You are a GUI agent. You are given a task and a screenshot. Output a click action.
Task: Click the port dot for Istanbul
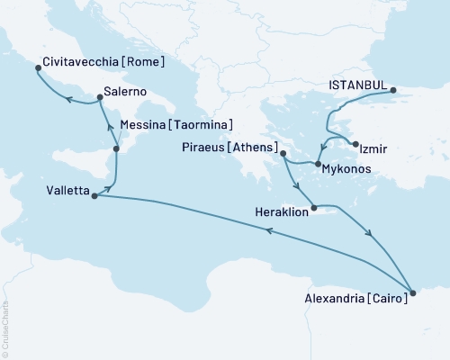coord(392,90)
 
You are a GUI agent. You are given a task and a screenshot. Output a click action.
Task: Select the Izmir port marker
coord(356,145)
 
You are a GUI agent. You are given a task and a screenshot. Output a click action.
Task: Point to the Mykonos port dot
coord(318,163)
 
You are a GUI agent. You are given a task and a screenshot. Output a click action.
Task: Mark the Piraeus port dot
coord(283,154)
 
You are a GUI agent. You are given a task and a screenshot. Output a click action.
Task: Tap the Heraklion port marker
coord(313,210)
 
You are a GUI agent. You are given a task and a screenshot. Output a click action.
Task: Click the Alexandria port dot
coord(413,292)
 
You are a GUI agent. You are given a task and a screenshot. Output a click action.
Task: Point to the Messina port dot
coord(116,148)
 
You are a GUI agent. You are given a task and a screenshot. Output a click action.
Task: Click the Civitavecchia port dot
coord(37,67)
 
